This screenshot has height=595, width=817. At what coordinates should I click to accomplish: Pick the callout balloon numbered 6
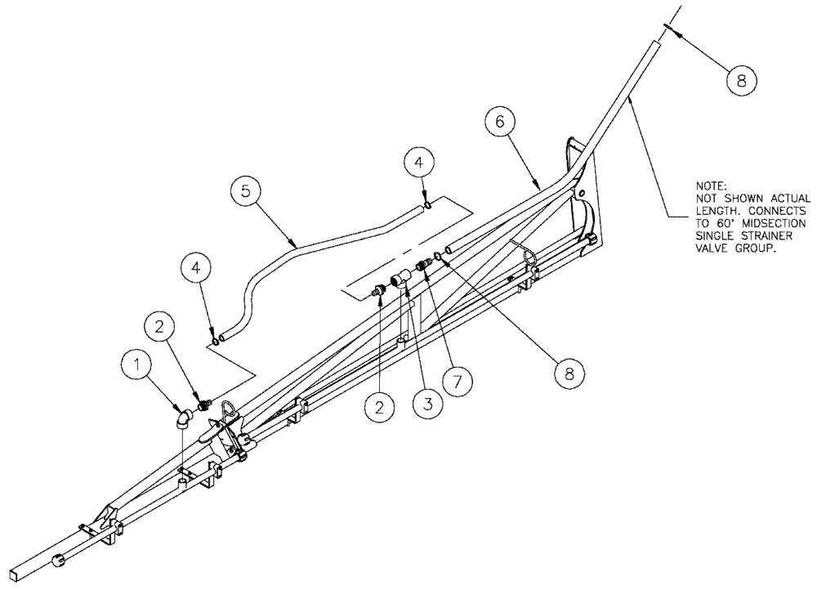pos(500,123)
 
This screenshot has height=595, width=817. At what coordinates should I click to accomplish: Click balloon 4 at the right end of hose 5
pos(417,165)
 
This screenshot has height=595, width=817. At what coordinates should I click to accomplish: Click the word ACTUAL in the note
pos(787,199)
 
